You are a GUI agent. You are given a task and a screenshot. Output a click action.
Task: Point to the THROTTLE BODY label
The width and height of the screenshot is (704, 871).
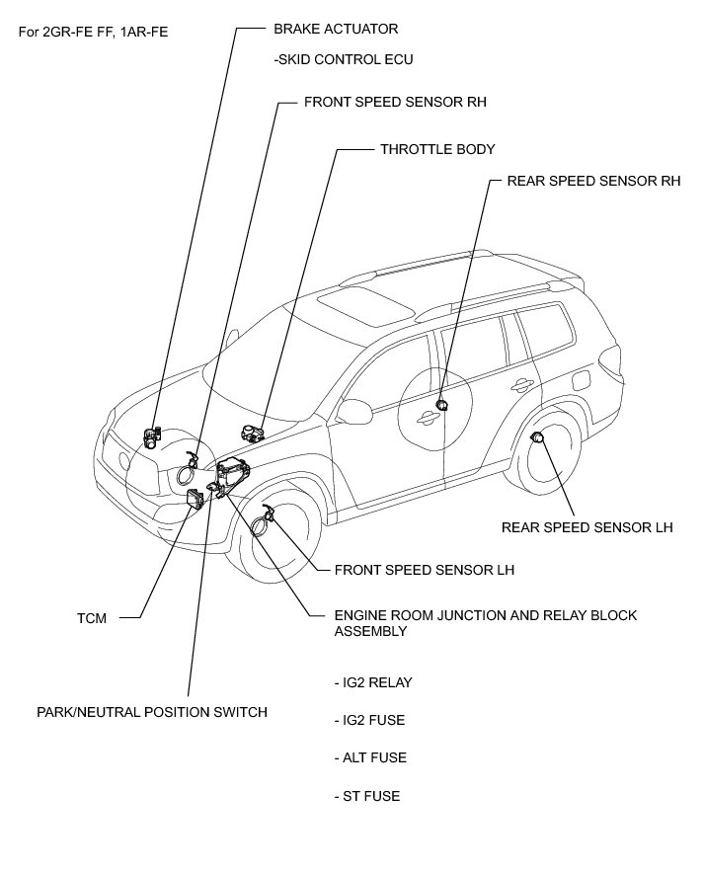[437, 149]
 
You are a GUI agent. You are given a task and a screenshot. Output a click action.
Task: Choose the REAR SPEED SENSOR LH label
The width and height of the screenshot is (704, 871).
[587, 527]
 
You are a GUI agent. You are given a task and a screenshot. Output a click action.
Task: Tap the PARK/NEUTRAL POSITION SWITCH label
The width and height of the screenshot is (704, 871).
[152, 711]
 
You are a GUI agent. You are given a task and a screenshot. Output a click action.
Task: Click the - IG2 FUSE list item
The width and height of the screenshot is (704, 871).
[370, 720]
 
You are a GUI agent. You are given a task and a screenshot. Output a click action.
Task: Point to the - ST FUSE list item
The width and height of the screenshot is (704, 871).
[367, 796]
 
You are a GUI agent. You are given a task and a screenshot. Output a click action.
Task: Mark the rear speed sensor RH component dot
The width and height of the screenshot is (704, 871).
[442, 404]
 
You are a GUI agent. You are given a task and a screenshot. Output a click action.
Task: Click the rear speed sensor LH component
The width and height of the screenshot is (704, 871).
[538, 437]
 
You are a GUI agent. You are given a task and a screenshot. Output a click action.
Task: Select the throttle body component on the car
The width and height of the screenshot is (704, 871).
[252, 431]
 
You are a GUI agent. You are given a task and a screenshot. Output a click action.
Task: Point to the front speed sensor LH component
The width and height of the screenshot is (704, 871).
[268, 515]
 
